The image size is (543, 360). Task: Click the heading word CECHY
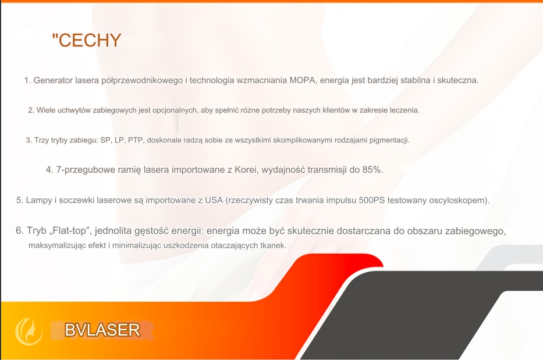point(90,40)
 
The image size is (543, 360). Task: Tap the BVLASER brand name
point(102,330)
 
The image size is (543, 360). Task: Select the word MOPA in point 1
point(302,80)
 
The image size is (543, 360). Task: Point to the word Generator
point(54,80)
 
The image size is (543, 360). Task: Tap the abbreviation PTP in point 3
point(136,140)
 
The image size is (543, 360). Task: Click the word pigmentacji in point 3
point(389,141)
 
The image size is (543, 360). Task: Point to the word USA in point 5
point(214,200)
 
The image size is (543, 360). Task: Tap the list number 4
point(49,170)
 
